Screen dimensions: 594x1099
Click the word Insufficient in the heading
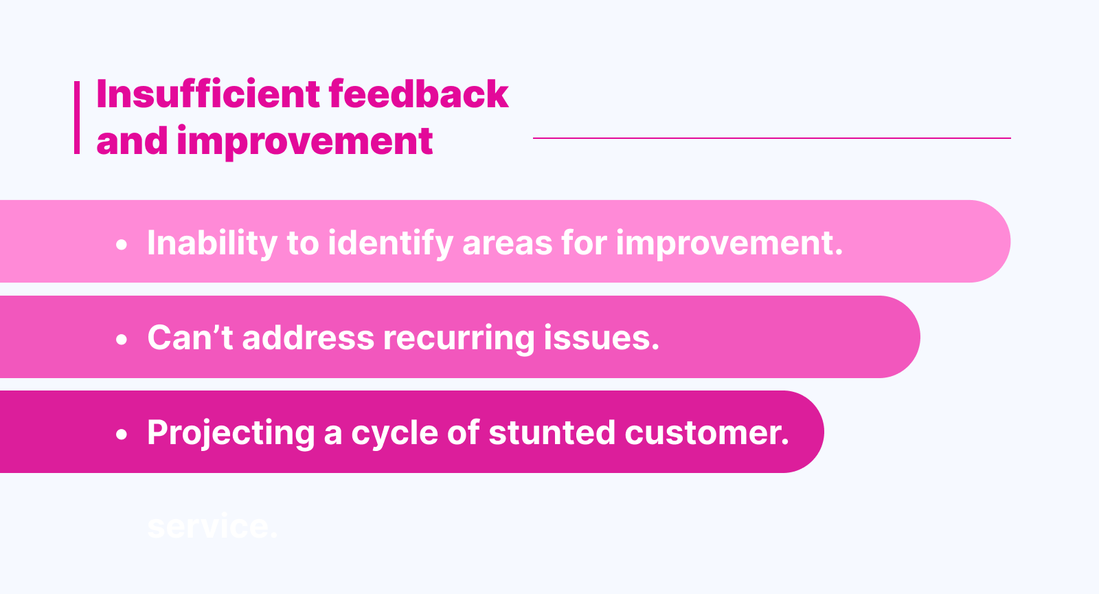[x=208, y=94]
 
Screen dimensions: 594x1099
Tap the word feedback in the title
[x=418, y=94]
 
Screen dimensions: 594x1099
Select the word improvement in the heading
[x=304, y=141]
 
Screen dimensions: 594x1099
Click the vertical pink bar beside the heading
[x=77, y=118]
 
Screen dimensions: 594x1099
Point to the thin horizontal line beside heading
[x=771, y=138]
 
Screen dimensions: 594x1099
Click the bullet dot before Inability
[x=122, y=244]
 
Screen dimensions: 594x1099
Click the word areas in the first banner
[x=507, y=243]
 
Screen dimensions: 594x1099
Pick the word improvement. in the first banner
[x=729, y=243]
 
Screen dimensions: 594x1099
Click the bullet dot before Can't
[x=122, y=339]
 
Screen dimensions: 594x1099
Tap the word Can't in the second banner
[x=190, y=338]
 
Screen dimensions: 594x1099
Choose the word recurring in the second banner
[x=459, y=338]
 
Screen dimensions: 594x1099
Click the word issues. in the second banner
[x=601, y=338]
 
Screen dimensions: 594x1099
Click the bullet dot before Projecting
[x=122, y=434]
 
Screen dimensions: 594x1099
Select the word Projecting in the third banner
[x=231, y=433]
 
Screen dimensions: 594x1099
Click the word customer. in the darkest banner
[x=707, y=432]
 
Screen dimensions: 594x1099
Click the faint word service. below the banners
[x=212, y=527]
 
